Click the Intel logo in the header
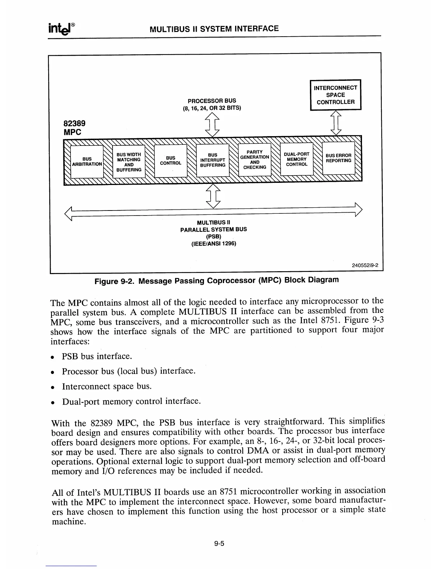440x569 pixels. click(x=60, y=28)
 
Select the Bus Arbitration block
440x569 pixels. click(x=87, y=161)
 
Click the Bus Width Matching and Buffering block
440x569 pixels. click(x=129, y=162)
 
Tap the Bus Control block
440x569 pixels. click(x=170, y=160)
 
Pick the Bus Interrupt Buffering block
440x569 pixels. click(x=212, y=160)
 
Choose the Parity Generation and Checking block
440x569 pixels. click(x=255, y=159)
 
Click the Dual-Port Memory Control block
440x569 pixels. click(x=297, y=159)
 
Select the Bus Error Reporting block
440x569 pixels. click(x=338, y=158)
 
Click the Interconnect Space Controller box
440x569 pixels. click(x=335, y=95)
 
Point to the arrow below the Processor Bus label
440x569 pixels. click(x=212, y=124)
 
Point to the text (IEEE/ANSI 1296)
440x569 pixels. click(x=213, y=244)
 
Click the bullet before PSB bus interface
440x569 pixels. click(x=53, y=357)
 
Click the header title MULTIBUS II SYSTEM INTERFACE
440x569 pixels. click(x=214, y=29)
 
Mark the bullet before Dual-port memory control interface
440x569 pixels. click(x=53, y=402)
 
